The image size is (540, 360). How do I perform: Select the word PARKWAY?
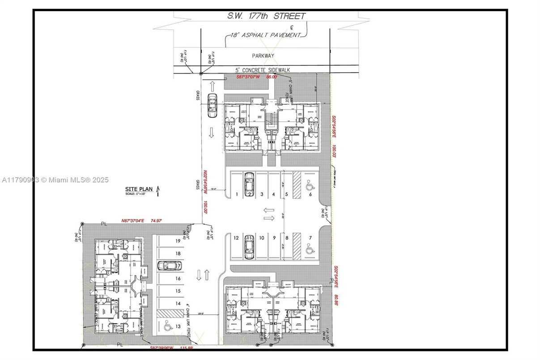click(263, 56)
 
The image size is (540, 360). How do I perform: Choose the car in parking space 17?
click(169, 266)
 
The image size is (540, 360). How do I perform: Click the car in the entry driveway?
click(212, 105)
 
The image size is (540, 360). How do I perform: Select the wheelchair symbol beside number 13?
click(167, 326)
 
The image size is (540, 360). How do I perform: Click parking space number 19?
click(178, 241)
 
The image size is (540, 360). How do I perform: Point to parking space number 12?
click(236, 238)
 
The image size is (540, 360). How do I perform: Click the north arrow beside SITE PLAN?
click(157, 192)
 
